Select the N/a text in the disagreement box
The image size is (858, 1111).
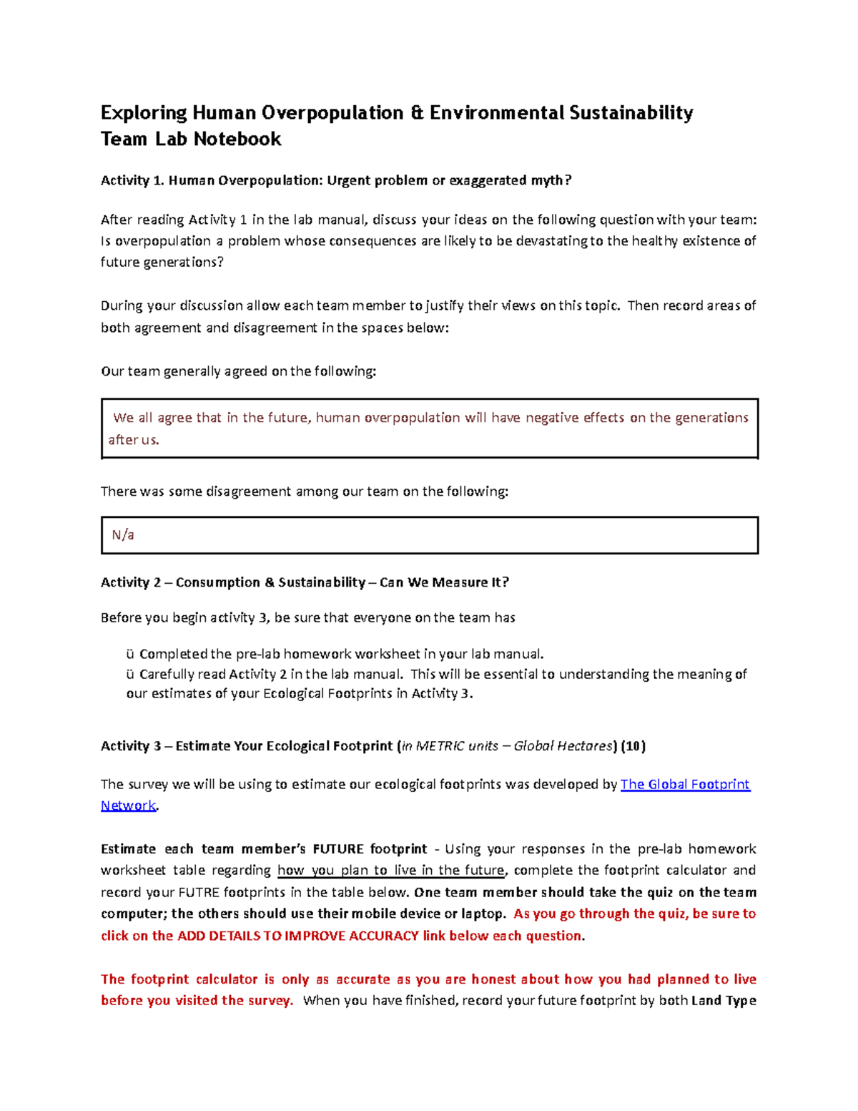tap(123, 535)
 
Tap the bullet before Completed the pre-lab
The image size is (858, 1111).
tap(130, 654)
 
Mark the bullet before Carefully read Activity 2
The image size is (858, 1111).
tap(130, 674)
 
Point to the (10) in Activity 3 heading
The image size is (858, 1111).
tap(633, 746)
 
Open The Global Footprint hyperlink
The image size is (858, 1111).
tap(685, 784)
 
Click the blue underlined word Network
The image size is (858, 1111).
tap(128, 806)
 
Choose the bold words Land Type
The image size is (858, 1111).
tap(724, 1001)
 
